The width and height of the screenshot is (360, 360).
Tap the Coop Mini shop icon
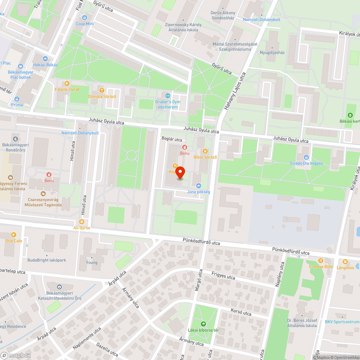pyautogui.click(x=85, y=17)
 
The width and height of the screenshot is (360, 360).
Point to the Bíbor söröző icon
pyautogui.click(x=205, y=151)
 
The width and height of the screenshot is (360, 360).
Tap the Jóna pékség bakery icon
pyautogui.click(x=198, y=186)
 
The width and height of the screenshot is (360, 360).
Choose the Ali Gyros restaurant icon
pyautogui.click(x=82, y=222)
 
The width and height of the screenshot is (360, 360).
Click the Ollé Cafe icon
pyautogui.click(x=14, y=234)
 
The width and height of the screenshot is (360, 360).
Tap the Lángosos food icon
pyautogui.click(x=345, y=261)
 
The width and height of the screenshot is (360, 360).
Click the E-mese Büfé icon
pyautogui.click(x=320, y=261)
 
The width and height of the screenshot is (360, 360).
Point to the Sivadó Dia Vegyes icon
pyautogui.click(x=306, y=157)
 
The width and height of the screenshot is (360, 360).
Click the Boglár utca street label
pyautogui.click(x=172, y=140)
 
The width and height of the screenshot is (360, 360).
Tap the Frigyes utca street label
pyautogui.click(x=223, y=276)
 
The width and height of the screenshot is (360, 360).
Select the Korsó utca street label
pyautogui.click(x=241, y=312)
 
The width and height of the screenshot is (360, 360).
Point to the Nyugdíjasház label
pyautogui.click(x=272, y=53)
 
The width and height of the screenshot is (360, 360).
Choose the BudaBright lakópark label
pyautogui.click(x=47, y=260)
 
